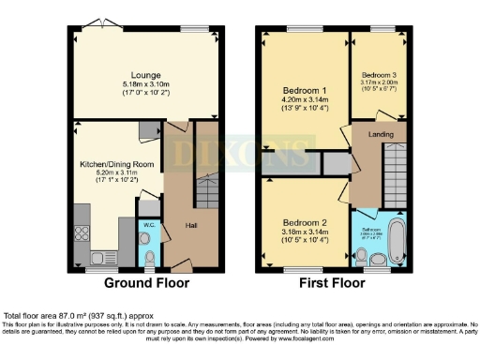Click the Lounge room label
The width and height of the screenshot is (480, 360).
coord(147,74)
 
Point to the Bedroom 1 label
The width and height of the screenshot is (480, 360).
coord(303,91)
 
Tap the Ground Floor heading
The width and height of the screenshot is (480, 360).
coord(146,282)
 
